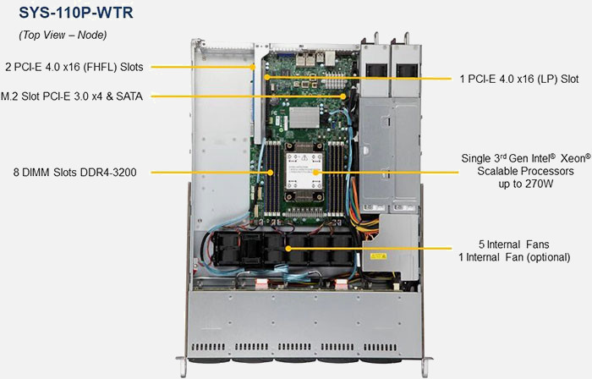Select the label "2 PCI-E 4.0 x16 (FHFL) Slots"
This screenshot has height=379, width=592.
tap(74, 66)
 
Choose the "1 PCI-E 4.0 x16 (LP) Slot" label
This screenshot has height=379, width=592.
tap(518, 78)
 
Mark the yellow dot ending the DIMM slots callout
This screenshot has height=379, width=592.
tap(269, 173)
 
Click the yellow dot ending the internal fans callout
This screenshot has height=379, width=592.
tap(290, 249)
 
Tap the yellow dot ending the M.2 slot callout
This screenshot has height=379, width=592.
tap(343, 96)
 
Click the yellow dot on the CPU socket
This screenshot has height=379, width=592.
tap(316, 173)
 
